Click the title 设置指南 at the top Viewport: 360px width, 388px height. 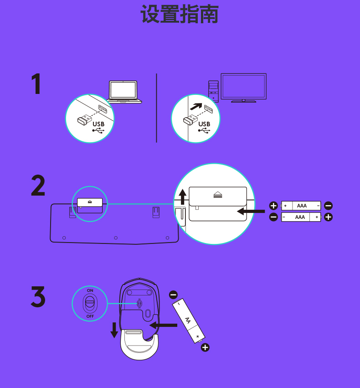pos(179,14)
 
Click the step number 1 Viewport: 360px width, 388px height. pos(36,83)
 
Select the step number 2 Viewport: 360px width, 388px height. pos(38,186)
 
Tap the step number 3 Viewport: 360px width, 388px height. pos(38,297)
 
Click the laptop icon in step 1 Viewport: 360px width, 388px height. pos(124,92)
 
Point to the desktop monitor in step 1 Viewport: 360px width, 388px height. pos(243,88)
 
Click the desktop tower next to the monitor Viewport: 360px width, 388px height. pos(213,91)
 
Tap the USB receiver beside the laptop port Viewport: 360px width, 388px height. pos(84,119)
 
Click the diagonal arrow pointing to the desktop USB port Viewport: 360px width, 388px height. pos(196,106)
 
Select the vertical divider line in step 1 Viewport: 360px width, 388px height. pos(156,108)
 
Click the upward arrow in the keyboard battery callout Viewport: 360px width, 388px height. pos(182,197)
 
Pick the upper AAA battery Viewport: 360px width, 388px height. pos(301,206)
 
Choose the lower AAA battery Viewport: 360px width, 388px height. pos(301,217)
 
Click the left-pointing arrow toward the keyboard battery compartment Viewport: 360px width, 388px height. pos(251,211)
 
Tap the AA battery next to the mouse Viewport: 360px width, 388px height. pos(189,321)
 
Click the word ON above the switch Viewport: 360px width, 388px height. pos(90,290)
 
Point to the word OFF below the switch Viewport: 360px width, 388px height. pos(90,316)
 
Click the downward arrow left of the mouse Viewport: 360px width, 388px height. pos(114,330)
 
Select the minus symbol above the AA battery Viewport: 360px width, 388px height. pos(173,295)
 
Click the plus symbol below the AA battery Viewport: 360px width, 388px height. pos(205,347)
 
